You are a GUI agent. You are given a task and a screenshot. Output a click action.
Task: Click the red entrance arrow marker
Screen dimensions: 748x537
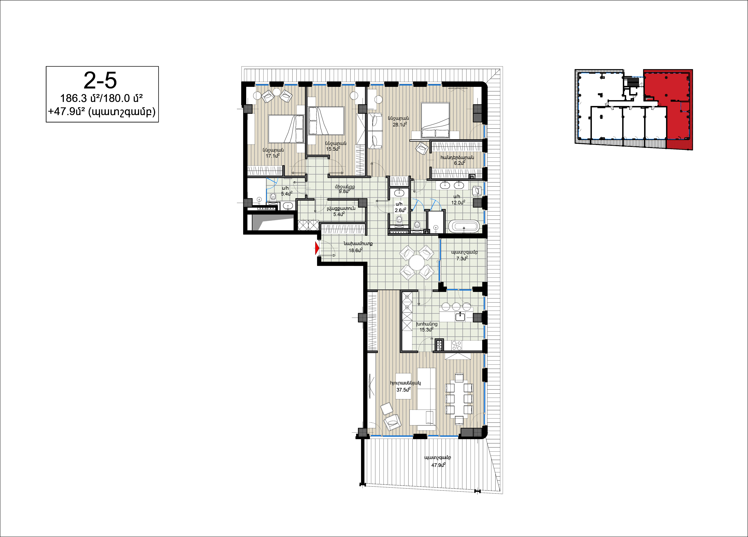pos(317,248)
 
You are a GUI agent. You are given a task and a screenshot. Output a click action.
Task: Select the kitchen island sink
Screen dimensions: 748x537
pos(460,317)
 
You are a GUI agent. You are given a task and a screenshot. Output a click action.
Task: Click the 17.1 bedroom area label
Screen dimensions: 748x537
pos(273,156)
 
